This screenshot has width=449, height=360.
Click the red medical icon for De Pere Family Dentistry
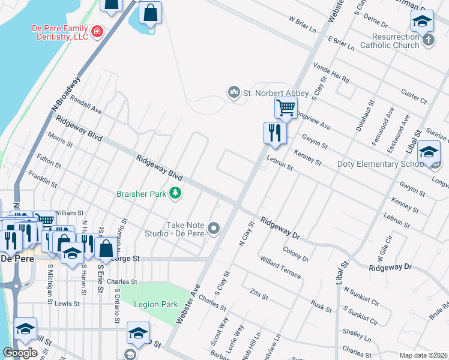[97, 30]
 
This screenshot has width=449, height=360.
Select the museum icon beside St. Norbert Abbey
[233, 92]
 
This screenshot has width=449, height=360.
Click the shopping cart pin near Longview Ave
[286, 109]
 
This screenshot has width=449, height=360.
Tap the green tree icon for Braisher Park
[175, 193]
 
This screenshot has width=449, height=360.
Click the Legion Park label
[156, 304]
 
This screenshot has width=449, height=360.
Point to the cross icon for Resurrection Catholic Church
[428, 40]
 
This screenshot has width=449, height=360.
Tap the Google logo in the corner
[20, 353]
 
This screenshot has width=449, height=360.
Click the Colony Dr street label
[295, 254]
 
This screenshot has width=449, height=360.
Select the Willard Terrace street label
[280, 267]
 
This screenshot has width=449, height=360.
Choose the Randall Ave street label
[86, 106]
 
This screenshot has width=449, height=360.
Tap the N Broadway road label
[66, 93]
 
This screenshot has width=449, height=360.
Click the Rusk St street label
[322, 307]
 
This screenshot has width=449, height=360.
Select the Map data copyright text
[423, 355]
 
